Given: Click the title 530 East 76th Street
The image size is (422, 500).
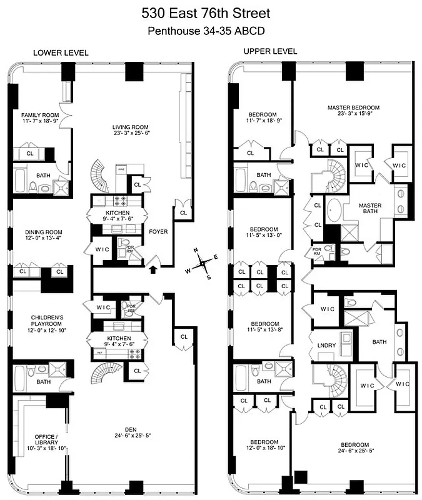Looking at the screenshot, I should click(x=211, y=14).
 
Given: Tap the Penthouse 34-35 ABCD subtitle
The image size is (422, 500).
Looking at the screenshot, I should click(x=211, y=31).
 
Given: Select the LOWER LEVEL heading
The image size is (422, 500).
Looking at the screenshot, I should click(x=61, y=53).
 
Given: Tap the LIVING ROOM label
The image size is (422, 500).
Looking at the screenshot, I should click(x=128, y=126).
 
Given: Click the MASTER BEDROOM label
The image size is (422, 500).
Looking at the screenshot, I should click(x=353, y=107).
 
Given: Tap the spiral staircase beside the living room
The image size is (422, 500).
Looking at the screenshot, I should click(x=100, y=176).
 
